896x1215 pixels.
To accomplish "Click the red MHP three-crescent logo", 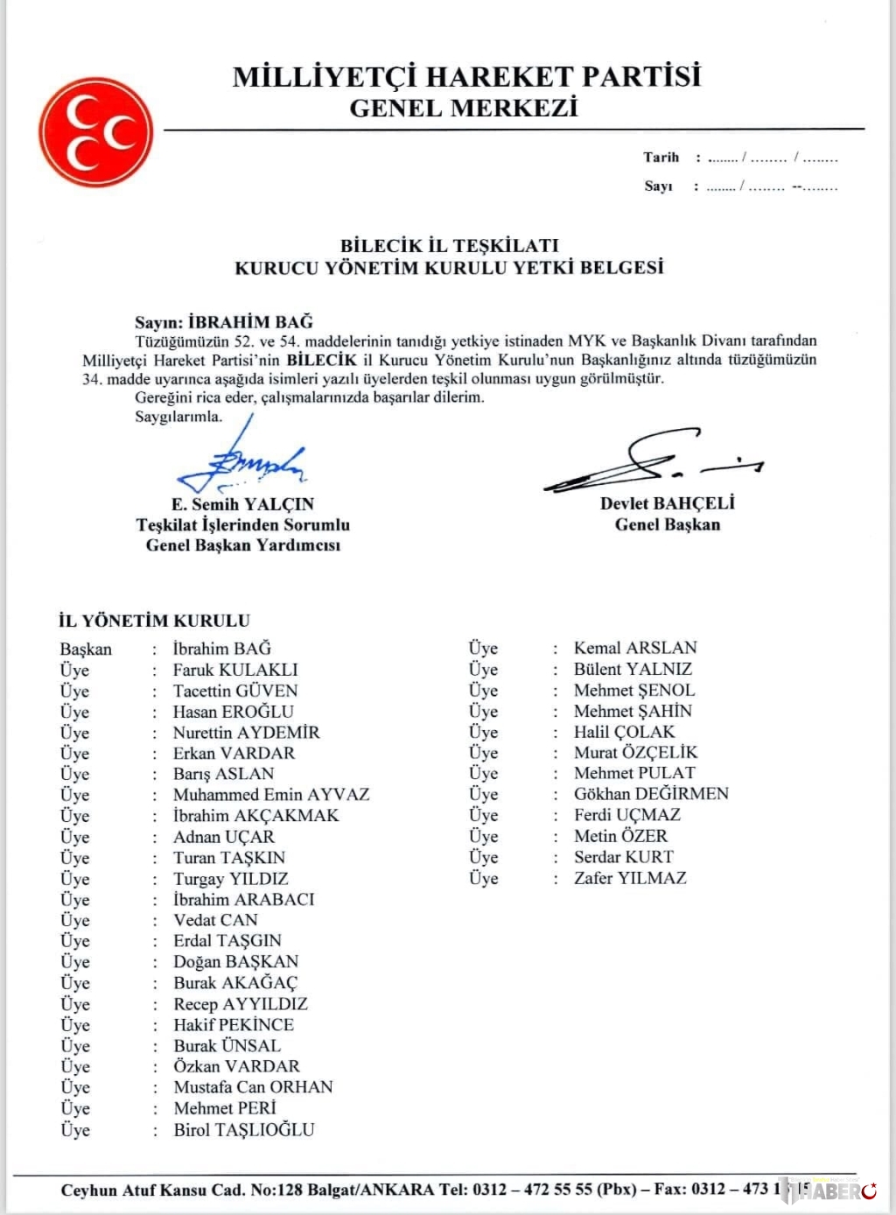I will pos(95,132).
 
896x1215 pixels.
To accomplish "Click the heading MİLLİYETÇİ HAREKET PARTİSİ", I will pos(466,77).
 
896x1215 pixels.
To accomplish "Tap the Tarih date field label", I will pos(661,158).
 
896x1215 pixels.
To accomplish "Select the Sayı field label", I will pos(658,186).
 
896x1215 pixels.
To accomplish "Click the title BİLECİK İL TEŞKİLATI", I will pos(449,245).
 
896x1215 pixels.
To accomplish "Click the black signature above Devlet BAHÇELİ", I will pos(652,460).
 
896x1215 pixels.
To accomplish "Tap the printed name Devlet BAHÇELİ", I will pos(667,503).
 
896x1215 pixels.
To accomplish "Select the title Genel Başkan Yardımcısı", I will pos(242,545).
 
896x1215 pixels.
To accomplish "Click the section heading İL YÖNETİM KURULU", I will pos(154,621).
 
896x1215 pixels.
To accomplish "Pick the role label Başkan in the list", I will pos(86,649).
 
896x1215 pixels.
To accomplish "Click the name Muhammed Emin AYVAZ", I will pos(271,795).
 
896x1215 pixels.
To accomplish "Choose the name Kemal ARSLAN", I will pos(635,648).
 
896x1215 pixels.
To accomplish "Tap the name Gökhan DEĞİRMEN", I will pos(651,794).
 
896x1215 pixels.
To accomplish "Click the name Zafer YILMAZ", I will pos(630,878).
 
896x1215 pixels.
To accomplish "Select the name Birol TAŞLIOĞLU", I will pos(243,1130).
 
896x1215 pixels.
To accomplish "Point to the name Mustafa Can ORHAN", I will pos(253,1087).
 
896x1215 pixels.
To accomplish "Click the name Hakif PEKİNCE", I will pos(234,1024).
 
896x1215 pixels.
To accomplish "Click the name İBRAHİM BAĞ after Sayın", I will pos(250,321).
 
